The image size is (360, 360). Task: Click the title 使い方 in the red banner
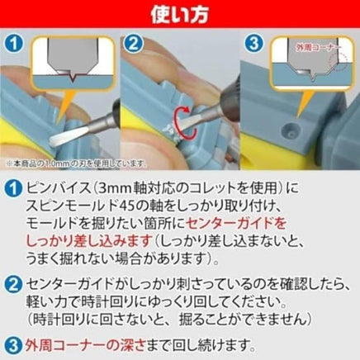[x=179, y=14]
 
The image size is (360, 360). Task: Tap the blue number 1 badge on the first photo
[x=13, y=44]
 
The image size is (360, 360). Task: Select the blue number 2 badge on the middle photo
[x=134, y=44]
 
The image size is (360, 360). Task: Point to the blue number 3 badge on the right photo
[x=253, y=44]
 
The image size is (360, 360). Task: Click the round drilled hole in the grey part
[x=289, y=128]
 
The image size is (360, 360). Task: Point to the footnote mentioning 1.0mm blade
[x=76, y=163]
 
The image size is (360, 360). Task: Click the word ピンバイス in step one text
[x=58, y=188]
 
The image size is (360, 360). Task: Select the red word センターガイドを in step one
[x=236, y=224]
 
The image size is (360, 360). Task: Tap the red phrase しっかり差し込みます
[x=89, y=241]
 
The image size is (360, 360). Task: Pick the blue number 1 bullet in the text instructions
[x=12, y=189]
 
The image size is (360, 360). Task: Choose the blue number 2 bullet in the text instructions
[x=12, y=285]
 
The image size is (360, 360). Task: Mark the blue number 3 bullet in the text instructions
[x=12, y=346]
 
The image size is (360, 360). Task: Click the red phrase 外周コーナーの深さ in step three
[x=85, y=345]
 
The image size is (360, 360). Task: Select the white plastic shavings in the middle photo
[x=172, y=131]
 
